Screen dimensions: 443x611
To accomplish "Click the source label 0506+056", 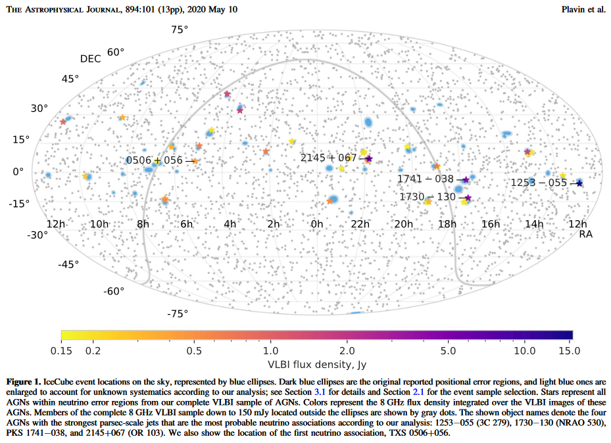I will click(155, 160).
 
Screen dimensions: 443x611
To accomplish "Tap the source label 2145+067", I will click(328, 158).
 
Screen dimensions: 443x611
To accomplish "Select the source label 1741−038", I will click(425, 179).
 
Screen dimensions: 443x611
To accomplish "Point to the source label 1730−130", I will click(427, 197).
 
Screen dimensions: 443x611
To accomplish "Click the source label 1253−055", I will click(539, 183).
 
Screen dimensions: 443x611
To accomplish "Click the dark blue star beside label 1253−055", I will click(579, 183).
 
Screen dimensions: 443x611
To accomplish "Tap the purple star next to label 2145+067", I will click(369, 158).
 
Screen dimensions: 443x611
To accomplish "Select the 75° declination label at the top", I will click(180, 30).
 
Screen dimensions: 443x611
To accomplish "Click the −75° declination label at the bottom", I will click(178, 314).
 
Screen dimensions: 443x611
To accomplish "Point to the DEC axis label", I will click(91, 58).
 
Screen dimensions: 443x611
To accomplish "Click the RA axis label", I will click(586, 235).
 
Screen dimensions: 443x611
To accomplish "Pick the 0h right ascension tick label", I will click(317, 224).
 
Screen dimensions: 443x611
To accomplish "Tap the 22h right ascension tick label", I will click(360, 224).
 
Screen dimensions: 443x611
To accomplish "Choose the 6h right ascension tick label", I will click(187, 224).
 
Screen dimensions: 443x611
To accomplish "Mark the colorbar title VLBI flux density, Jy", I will click(316, 364).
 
